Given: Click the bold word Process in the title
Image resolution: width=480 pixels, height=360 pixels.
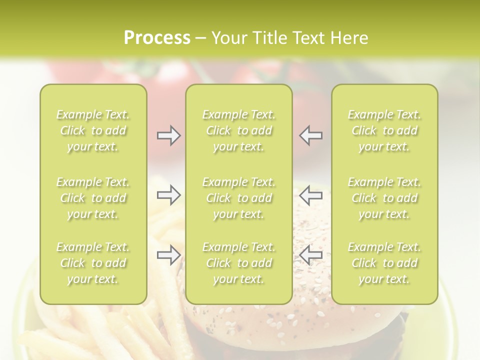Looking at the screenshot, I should coord(157,38).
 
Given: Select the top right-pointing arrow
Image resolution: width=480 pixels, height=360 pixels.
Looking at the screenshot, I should coord(168,135).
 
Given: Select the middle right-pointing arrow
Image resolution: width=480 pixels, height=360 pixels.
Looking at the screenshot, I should coord(168,195).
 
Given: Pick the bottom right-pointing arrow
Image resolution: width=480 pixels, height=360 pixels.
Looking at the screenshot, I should coord(168,255).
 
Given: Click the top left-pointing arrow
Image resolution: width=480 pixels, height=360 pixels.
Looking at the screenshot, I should coord(311,135).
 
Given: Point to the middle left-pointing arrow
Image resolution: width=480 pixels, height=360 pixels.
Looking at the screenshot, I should coord(311,195).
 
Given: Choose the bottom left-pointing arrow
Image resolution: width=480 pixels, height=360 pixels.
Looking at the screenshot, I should coord(311,255).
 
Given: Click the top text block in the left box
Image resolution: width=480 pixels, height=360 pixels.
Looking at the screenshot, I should coord(93,130).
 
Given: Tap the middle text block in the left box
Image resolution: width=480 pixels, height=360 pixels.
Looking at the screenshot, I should coord(93,198).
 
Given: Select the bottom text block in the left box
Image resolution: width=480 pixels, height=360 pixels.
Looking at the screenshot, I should coord(93,263).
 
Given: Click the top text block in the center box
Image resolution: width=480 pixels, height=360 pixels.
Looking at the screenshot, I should coord(239,130).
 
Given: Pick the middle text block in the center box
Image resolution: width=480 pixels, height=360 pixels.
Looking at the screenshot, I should coord(239,198).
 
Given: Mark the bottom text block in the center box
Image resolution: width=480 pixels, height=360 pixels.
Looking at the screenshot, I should coord(239,263).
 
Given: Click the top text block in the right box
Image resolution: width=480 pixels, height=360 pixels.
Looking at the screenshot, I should coord(384,130).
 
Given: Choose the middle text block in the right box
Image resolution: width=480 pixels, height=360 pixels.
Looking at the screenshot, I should coord(384,198).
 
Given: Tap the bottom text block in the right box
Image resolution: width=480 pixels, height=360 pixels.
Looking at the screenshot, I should coord(384,263).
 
